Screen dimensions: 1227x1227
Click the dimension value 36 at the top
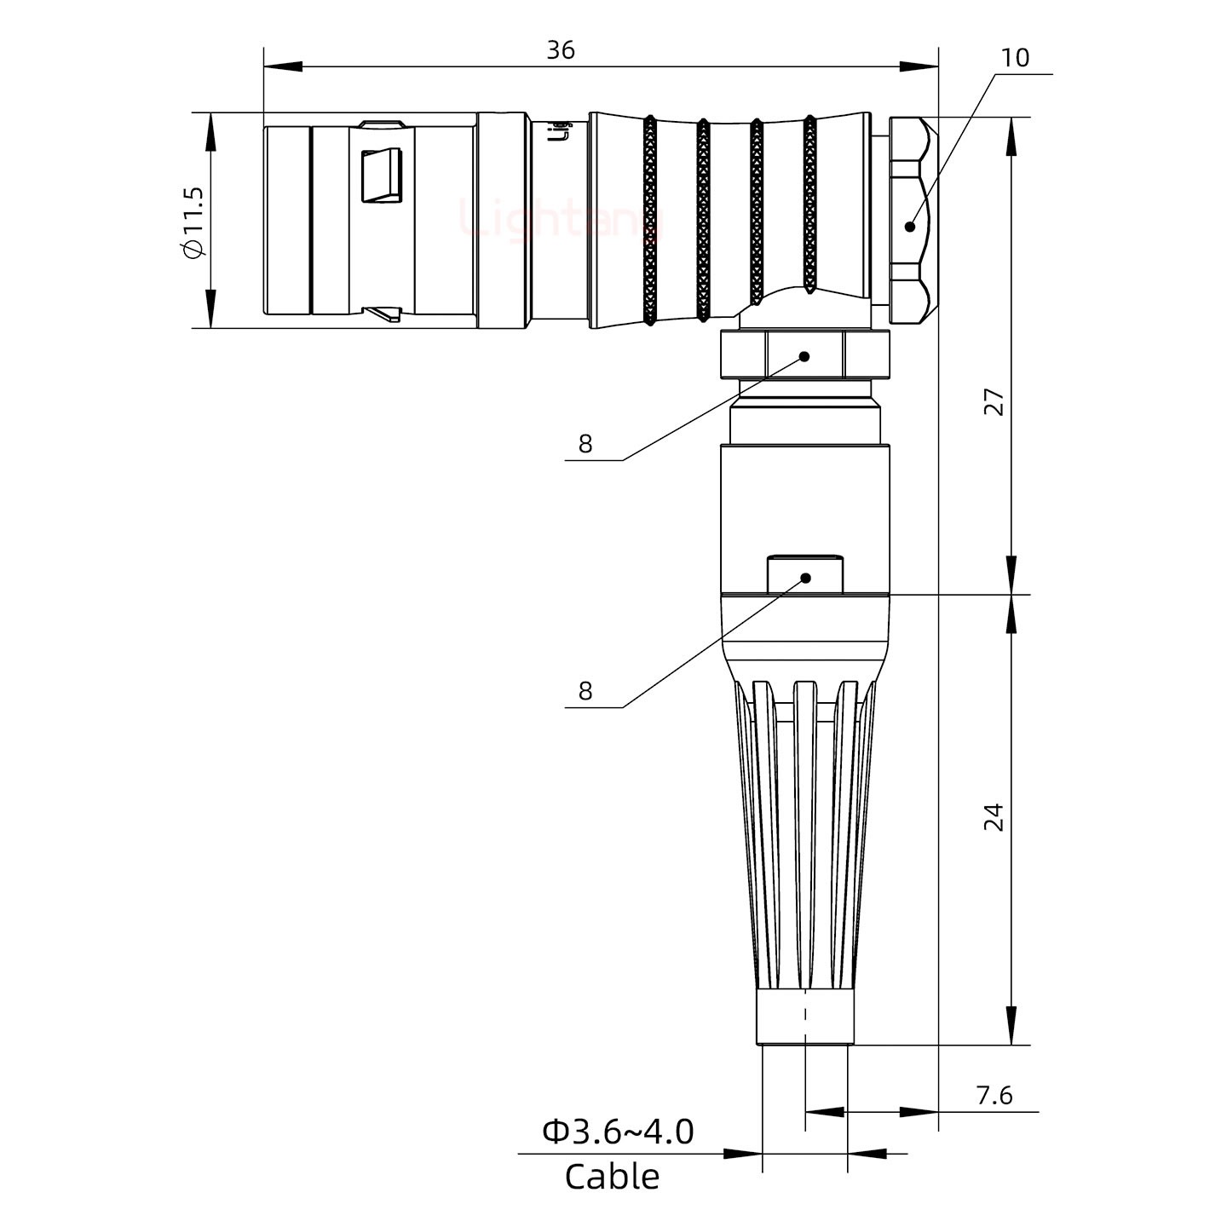pos(561,50)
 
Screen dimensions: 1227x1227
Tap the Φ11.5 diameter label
pos(193,221)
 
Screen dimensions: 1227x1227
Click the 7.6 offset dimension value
pos(994,1095)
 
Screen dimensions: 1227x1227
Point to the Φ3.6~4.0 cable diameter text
pos(618,1132)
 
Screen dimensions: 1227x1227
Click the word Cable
pos(612,1177)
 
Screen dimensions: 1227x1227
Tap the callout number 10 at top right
pos(1015,58)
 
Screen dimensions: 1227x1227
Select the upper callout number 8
pos(585,444)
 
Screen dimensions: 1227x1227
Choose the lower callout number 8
pos(585,691)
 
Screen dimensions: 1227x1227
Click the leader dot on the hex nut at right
pos(910,227)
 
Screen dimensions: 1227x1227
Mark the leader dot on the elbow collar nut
pos(804,356)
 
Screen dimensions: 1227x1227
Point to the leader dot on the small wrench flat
pos(805,579)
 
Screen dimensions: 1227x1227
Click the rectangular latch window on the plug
pos(382,176)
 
